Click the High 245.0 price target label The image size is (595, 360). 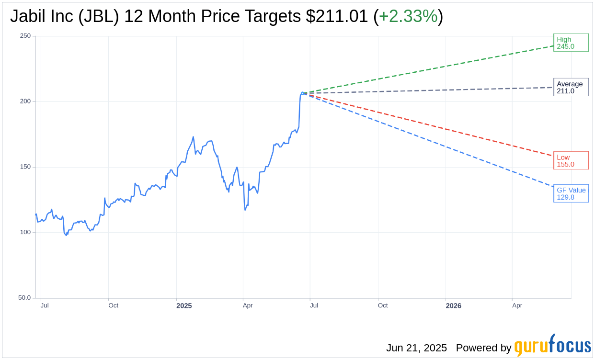point(571,43)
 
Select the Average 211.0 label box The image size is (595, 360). point(571,87)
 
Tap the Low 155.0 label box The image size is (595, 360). point(571,160)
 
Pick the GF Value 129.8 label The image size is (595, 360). point(571,193)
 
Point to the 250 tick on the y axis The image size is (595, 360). point(25,36)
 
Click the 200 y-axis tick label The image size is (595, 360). point(25,101)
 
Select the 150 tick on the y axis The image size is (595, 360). point(25,167)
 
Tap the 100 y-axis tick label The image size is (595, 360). point(25,232)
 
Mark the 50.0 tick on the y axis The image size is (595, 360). point(24,298)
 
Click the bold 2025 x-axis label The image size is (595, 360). point(184,305)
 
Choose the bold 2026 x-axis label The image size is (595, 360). point(453,305)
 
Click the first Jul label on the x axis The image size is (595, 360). point(45,305)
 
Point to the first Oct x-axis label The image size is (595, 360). point(113,305)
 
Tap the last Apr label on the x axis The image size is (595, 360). point(517,305)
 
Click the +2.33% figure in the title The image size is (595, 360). point(408,16)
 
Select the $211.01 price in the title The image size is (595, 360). point(337,16)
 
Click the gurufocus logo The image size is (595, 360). point(552,346)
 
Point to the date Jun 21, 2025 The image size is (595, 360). point(416,348)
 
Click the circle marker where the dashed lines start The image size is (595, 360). point(303,93)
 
